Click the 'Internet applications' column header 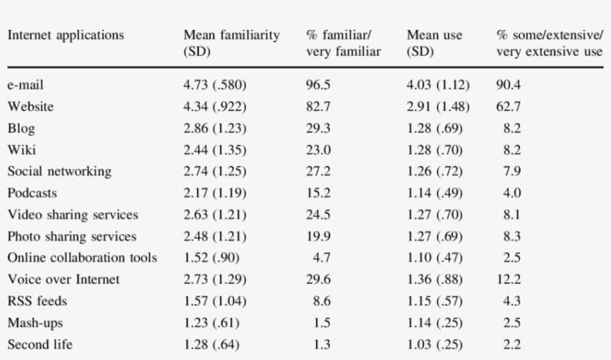[66, 35]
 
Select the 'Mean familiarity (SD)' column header [231, 43]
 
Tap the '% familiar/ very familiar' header [344, 43]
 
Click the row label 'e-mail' [26, 85]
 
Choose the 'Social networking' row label [60, 171]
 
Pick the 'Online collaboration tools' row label [82, 258]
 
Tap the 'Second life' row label [40, 344]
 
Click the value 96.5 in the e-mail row [318, 85]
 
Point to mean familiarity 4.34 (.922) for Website [215, 107]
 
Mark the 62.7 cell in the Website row [508, 107]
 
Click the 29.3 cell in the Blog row [318, 128]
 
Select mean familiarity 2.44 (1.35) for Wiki [215, 150]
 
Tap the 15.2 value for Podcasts [318, 193]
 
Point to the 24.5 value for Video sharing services [318, 215]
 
